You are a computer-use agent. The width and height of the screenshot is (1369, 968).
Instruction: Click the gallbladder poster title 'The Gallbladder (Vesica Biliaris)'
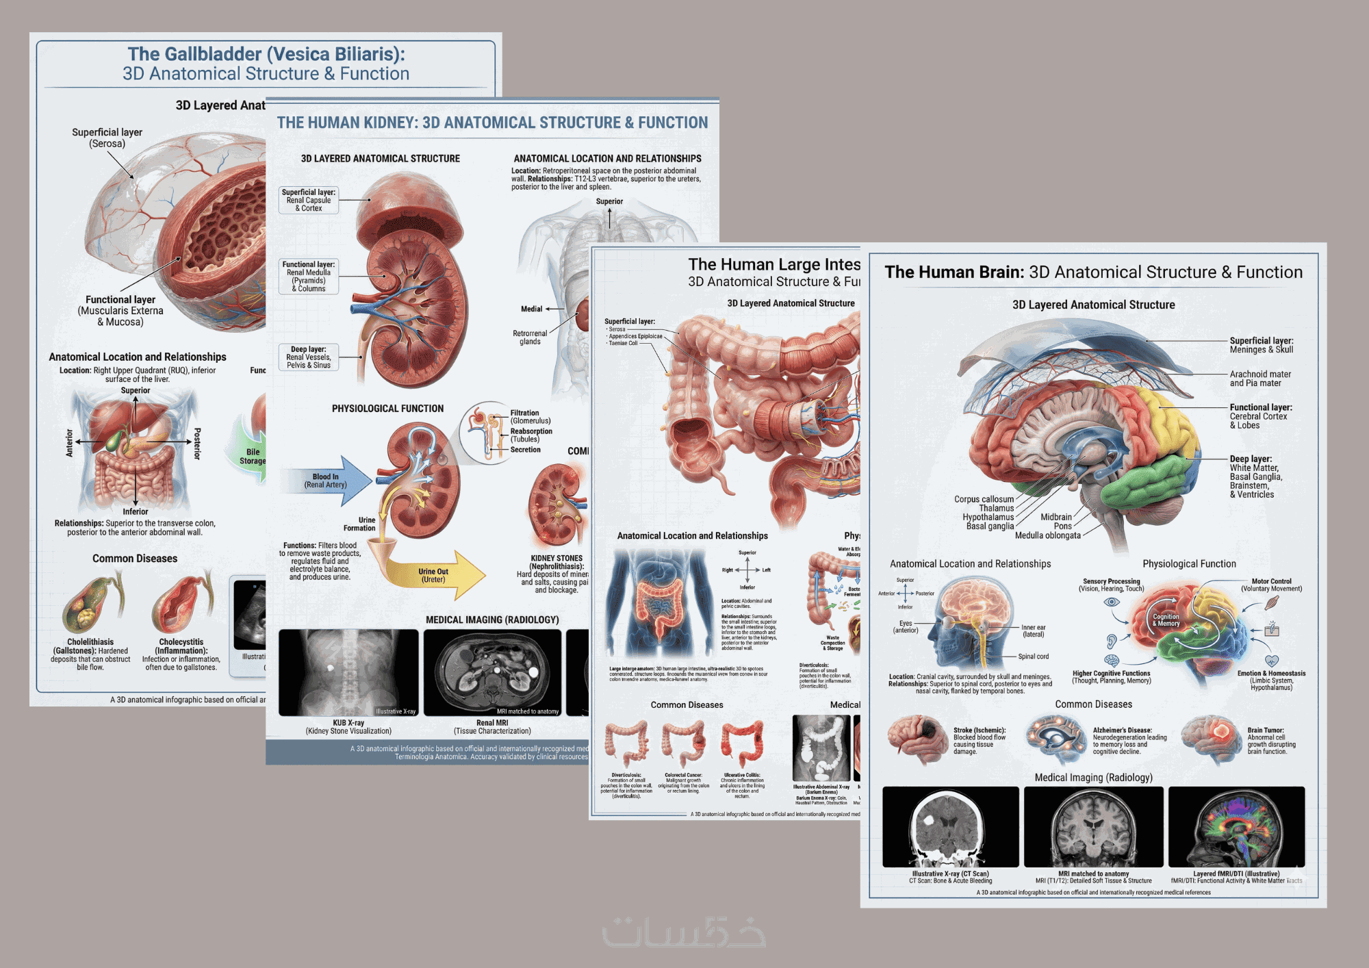pos(266,54)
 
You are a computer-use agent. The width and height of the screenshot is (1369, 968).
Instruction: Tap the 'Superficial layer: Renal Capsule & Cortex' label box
pos(309,201)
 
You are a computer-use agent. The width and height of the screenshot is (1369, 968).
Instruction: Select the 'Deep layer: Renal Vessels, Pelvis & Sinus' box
pos(309,357)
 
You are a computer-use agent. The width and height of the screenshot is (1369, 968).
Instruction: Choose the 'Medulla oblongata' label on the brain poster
pos(1047,535)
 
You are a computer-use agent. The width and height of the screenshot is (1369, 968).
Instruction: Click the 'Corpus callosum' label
pos(984,499)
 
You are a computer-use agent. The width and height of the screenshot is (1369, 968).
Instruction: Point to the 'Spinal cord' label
pos(1033,657)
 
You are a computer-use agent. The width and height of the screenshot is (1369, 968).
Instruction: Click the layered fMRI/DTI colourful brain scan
pos(1236,827)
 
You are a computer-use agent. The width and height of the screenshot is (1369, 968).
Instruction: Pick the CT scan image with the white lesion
pos(950,827)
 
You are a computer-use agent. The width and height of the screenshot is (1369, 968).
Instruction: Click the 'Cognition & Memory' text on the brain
pos(1166,620)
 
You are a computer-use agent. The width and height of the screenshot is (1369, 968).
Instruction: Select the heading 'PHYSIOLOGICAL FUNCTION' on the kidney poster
pos(387,409)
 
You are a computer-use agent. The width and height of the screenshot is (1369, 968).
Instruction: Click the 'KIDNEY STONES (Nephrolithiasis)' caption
pos(556,562)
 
